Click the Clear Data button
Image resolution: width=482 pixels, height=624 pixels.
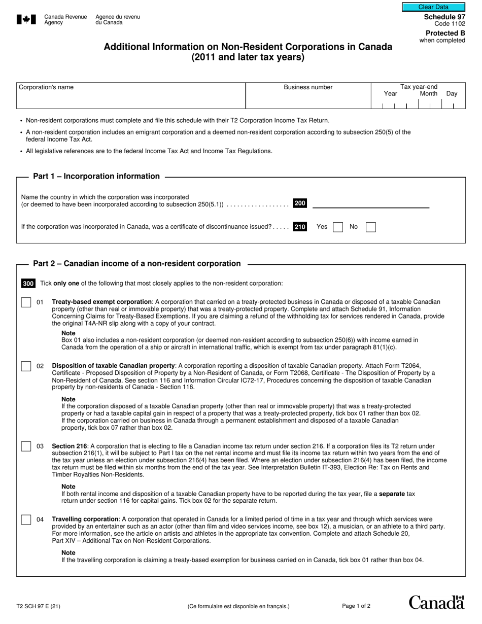pyautogui.click(x=433, y=7)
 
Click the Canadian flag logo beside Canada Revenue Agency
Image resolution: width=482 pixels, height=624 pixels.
pyautogui.click(x=26, y=20)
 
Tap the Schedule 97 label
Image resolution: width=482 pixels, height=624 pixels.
pyautogui.click(x=444, y=17)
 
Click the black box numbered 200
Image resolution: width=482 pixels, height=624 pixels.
pyautogui.click(x=300, y=203)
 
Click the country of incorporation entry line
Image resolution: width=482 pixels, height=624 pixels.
pyautogui.click(x=370, y=203)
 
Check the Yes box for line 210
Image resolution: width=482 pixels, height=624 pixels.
pyautogui.click(x=338, y=227)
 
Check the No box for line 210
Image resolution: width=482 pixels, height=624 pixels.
pyautogui.click(x=370, y=227)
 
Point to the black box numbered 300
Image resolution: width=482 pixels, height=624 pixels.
pyautogui.click(x=28, y=284)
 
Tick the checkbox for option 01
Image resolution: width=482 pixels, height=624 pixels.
pyautogui.click(x=26, y=302)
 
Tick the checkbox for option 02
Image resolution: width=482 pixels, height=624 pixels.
pyautogui.click(x=26, y=366)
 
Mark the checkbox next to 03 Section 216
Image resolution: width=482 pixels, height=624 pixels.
pyautogui.click(x=26, y=446)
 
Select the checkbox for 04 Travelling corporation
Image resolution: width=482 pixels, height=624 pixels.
pyautogui.click(x=26, y=519)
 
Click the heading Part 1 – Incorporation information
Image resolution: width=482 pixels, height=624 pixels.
pyautogui.click(x=96, y=177)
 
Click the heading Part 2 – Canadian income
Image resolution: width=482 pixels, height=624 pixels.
pyautogui.click(x=137, y=264)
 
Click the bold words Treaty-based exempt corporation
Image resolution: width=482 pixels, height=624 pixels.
pyautogui.click(x=102, y=302)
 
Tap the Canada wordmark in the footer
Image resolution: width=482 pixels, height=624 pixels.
pyautogui.click(x=436, y=602)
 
